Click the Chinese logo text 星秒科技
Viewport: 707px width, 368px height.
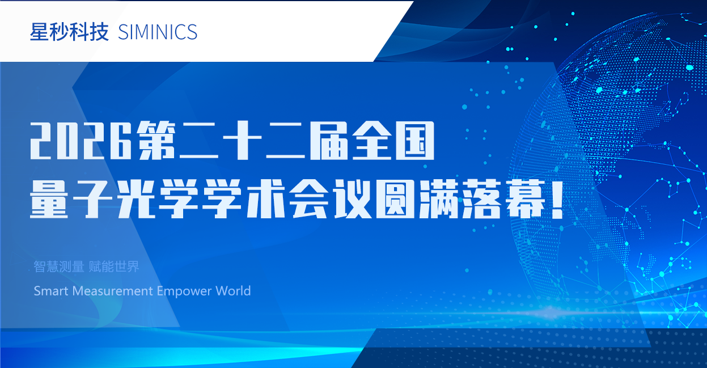[x=69, y=32]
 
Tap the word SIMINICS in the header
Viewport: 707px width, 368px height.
[x=158, y=32]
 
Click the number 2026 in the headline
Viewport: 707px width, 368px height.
[x=81, y=141]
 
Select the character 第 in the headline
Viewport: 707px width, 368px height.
[x=156, y=141]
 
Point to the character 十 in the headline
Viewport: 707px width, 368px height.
[x=243, y=141]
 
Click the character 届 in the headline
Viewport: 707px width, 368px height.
[x=329, y=141]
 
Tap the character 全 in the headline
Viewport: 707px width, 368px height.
[x=372, y=141]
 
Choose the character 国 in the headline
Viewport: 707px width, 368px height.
[x=416, y=141]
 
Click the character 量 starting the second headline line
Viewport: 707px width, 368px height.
[x=49, y=199]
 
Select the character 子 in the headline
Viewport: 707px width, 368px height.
[x=92, y=199]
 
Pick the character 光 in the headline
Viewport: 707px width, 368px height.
[x=136, y=199]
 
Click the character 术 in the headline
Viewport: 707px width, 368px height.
[x=266, y=199]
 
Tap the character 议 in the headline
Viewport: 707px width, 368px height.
[x=352, y=199]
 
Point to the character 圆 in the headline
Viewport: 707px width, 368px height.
[x=396, y=199]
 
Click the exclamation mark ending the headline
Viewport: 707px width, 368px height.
[x=557, y=199]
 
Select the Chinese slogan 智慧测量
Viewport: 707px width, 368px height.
[x=59, y=267]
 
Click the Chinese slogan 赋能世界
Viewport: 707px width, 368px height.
[x=114, y=267]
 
